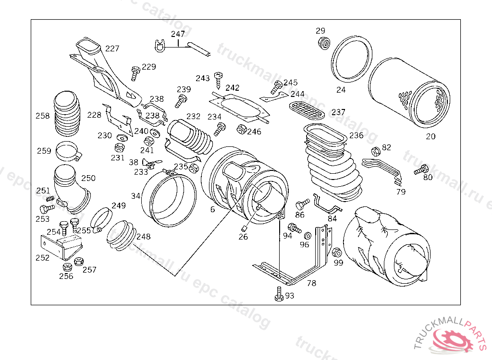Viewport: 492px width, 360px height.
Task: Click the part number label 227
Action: pos(112,48)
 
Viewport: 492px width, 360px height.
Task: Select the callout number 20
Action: pos(430,136)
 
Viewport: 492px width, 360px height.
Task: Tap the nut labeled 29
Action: pos(324,43)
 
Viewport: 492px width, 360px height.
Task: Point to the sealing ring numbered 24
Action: pos(352,59)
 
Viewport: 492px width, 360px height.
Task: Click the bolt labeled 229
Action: pos(135,73)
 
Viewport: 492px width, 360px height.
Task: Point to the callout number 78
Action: pos(311,283)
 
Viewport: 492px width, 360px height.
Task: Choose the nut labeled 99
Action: pos(337,252)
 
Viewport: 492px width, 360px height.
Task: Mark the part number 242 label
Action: pos(233,88)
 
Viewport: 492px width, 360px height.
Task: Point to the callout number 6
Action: pos(212,209)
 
